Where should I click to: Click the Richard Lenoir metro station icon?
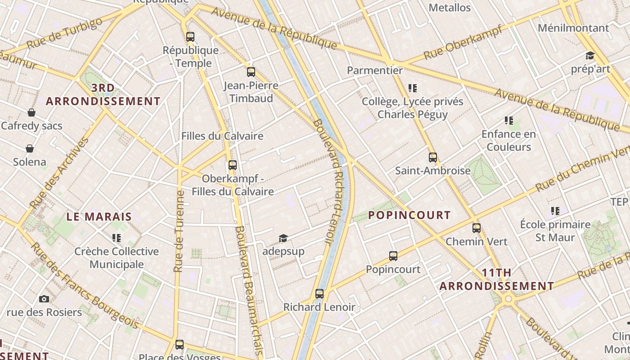[319, 294]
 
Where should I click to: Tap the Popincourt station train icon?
[393, 256]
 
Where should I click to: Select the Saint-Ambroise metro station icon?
[433, 157]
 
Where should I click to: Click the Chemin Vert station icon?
[477, 228]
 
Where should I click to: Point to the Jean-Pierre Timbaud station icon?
[251, 72]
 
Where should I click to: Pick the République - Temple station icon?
[190, 37]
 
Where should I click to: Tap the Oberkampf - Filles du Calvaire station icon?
[233, 165]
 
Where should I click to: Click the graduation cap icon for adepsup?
[283, 238]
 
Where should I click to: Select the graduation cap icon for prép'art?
[590, 56]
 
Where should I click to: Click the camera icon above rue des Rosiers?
[44, 299]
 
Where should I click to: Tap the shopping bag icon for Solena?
[30, 148]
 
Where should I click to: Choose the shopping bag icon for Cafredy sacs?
[31, 112]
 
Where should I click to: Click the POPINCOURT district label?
[409, 215]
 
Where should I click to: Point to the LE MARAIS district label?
[99, 216]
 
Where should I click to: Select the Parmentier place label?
[375, 70]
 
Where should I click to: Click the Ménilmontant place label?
[573, 28]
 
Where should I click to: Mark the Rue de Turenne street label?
[179, 232]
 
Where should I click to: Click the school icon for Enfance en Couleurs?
[509, 121]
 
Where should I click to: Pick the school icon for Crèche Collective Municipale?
[117, 238]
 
